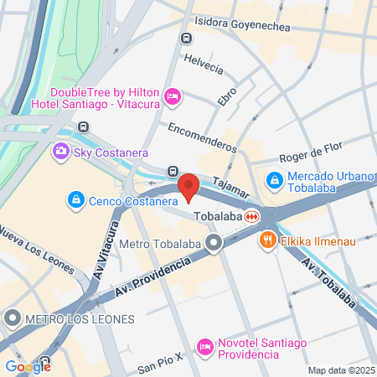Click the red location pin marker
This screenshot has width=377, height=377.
coord(188,187)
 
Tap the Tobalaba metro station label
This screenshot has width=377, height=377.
coord(217,216)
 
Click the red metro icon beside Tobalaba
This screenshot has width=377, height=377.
coord(251,216)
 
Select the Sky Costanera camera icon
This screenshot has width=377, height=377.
coord(60,152)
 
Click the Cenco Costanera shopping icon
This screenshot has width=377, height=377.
coord(75,200)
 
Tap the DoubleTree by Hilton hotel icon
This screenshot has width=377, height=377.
coord(173,98)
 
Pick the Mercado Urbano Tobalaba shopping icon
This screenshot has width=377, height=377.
coord(274,179)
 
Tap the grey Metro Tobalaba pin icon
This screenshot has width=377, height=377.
coord(214,244)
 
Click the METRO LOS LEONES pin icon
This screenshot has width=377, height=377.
coord(13,318)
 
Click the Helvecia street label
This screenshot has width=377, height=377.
coord(204,66)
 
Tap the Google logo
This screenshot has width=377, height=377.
coord(28,366)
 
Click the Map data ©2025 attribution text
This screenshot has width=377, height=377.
coord(340,370)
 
